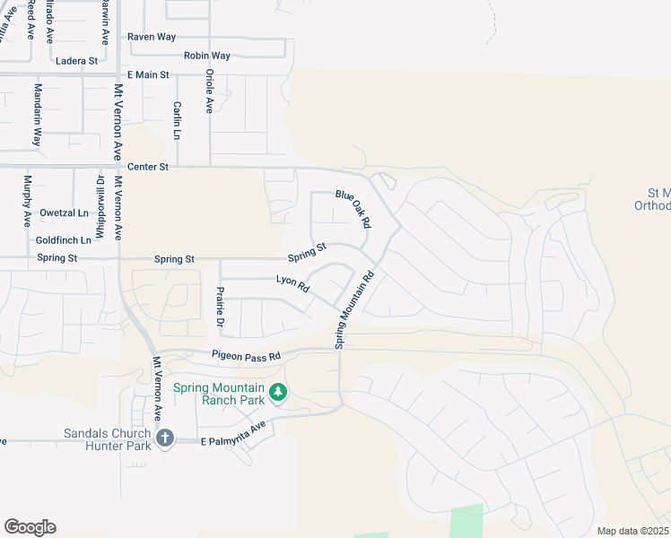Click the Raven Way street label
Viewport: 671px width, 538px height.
tap(152, 37)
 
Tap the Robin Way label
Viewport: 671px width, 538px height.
tap(207, 56)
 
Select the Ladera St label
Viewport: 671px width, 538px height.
tap(76, 61)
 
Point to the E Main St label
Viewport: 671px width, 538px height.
tap(148, 75)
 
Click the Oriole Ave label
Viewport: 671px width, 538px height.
tap(209, 91)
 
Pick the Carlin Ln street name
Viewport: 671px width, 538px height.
tap(178, 120)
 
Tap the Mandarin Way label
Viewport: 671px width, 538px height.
tap(38, 115)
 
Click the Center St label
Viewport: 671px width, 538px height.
tap(148, 167)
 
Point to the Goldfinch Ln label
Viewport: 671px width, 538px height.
tap(64, 240)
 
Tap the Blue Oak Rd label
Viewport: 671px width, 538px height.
tap(353, 207)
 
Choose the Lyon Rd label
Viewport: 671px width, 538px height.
tap(292, 285)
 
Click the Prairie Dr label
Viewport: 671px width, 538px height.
tap(220, 308)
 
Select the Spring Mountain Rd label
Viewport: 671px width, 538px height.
tap(353, 309)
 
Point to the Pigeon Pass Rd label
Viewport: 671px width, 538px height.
tap(246, 356)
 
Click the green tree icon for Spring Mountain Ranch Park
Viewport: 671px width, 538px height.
tap(278, 392)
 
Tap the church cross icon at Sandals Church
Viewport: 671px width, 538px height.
tap(164, 438)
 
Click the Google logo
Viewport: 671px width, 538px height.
tap(30, 527)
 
